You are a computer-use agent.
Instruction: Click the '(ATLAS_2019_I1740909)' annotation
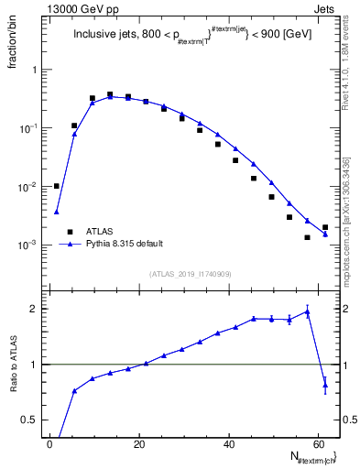pos(190,273)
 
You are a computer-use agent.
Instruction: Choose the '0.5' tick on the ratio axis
pos(29,420)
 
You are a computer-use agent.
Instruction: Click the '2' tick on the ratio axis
pos(34,309)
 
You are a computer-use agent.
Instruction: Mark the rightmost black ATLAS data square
pos(325,227)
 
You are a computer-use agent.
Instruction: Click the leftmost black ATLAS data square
pos(56,186)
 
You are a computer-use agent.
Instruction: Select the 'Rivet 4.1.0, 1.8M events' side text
pos(348,73)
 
